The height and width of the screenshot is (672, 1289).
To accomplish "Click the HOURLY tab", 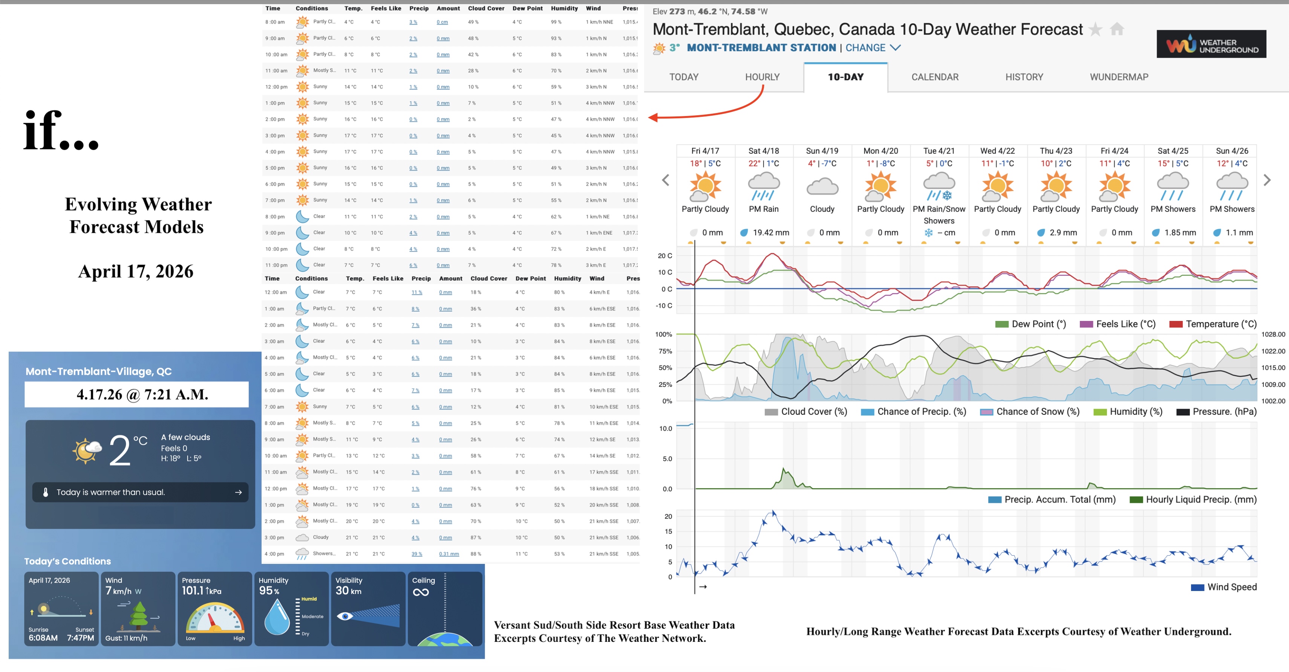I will (x=762, y=77).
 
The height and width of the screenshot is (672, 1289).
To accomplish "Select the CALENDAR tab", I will (x=935, y=77).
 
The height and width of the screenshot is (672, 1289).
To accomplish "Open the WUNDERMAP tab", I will (x=1119, y=77).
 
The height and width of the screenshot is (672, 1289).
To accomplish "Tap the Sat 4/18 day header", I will (x=764, y=151).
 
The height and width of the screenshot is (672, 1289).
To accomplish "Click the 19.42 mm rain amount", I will (x=771, y=232).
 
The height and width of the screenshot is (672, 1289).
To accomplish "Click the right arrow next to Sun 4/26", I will (x=1267, y=180).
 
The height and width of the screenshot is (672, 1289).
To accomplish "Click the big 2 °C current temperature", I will (x=120, y=450).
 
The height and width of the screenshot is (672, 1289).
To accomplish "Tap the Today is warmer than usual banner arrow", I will (x=238, y=492).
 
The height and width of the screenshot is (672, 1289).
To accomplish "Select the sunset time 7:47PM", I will (x=80, y=638).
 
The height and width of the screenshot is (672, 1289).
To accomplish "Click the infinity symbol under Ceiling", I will (x=421, y=593).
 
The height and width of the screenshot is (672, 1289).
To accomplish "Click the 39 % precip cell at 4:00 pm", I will (x=417, y=554).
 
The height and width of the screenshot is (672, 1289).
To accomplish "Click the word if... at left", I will (x=61, y=131).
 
